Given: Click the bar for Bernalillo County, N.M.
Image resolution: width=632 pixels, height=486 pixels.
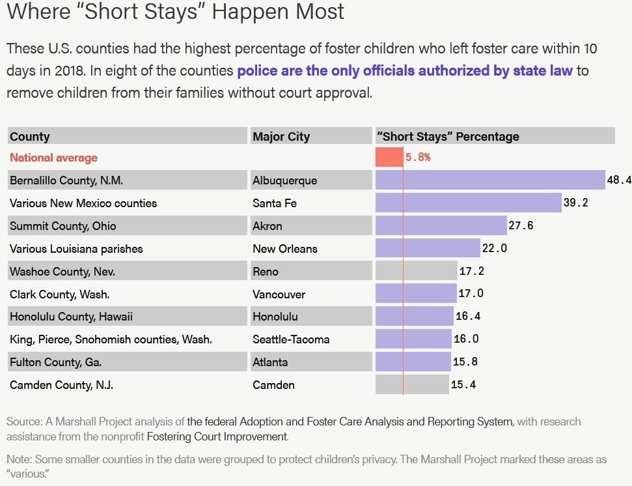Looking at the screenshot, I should pyautogui.click(x=490, y=180).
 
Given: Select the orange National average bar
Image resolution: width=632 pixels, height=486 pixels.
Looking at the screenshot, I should pyautogui.click(x=389, y=157).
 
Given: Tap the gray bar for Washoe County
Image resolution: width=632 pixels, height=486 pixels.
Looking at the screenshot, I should pyautogui.click(x=417, y=271).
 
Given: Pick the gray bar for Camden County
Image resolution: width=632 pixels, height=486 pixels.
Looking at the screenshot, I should pyautogui.click(x=412, y=384).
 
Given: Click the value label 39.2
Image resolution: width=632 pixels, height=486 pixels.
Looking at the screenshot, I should pyautogui.click(x=575, y=203).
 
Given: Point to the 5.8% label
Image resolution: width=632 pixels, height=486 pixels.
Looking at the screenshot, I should pyautogui.click(x=418, y=157).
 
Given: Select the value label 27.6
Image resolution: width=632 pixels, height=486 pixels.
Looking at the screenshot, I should pyautogui.click(x=521, y=225).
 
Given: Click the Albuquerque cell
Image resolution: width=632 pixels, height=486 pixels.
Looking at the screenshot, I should pyautogui.click(x=284, y=180).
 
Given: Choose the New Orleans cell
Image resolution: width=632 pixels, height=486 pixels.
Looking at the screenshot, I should pyautogui.click(x=285, y=249).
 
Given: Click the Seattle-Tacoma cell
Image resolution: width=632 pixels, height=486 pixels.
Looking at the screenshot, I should pyautogui.click(x=291, y=339).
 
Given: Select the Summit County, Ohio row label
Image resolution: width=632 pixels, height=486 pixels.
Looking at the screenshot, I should pyautogui.click(x=63, y=226).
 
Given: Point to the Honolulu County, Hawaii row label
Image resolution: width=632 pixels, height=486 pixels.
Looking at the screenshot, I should pyautogui.click(x=71, y=317).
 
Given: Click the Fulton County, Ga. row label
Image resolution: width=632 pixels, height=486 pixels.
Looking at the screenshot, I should pyautogui.click(x=56, y=362).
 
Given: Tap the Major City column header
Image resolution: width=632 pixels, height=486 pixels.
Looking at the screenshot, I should pyautogui.click(x=281, y=137).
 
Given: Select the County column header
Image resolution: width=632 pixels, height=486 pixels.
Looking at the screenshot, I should pyautogui.click(x=30, y=137).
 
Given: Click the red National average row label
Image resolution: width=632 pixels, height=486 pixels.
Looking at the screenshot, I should pyautogui.click(x=53, y=158).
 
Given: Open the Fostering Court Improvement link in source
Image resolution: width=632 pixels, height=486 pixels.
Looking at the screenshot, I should pyautogui.click(x=217, y=436).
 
